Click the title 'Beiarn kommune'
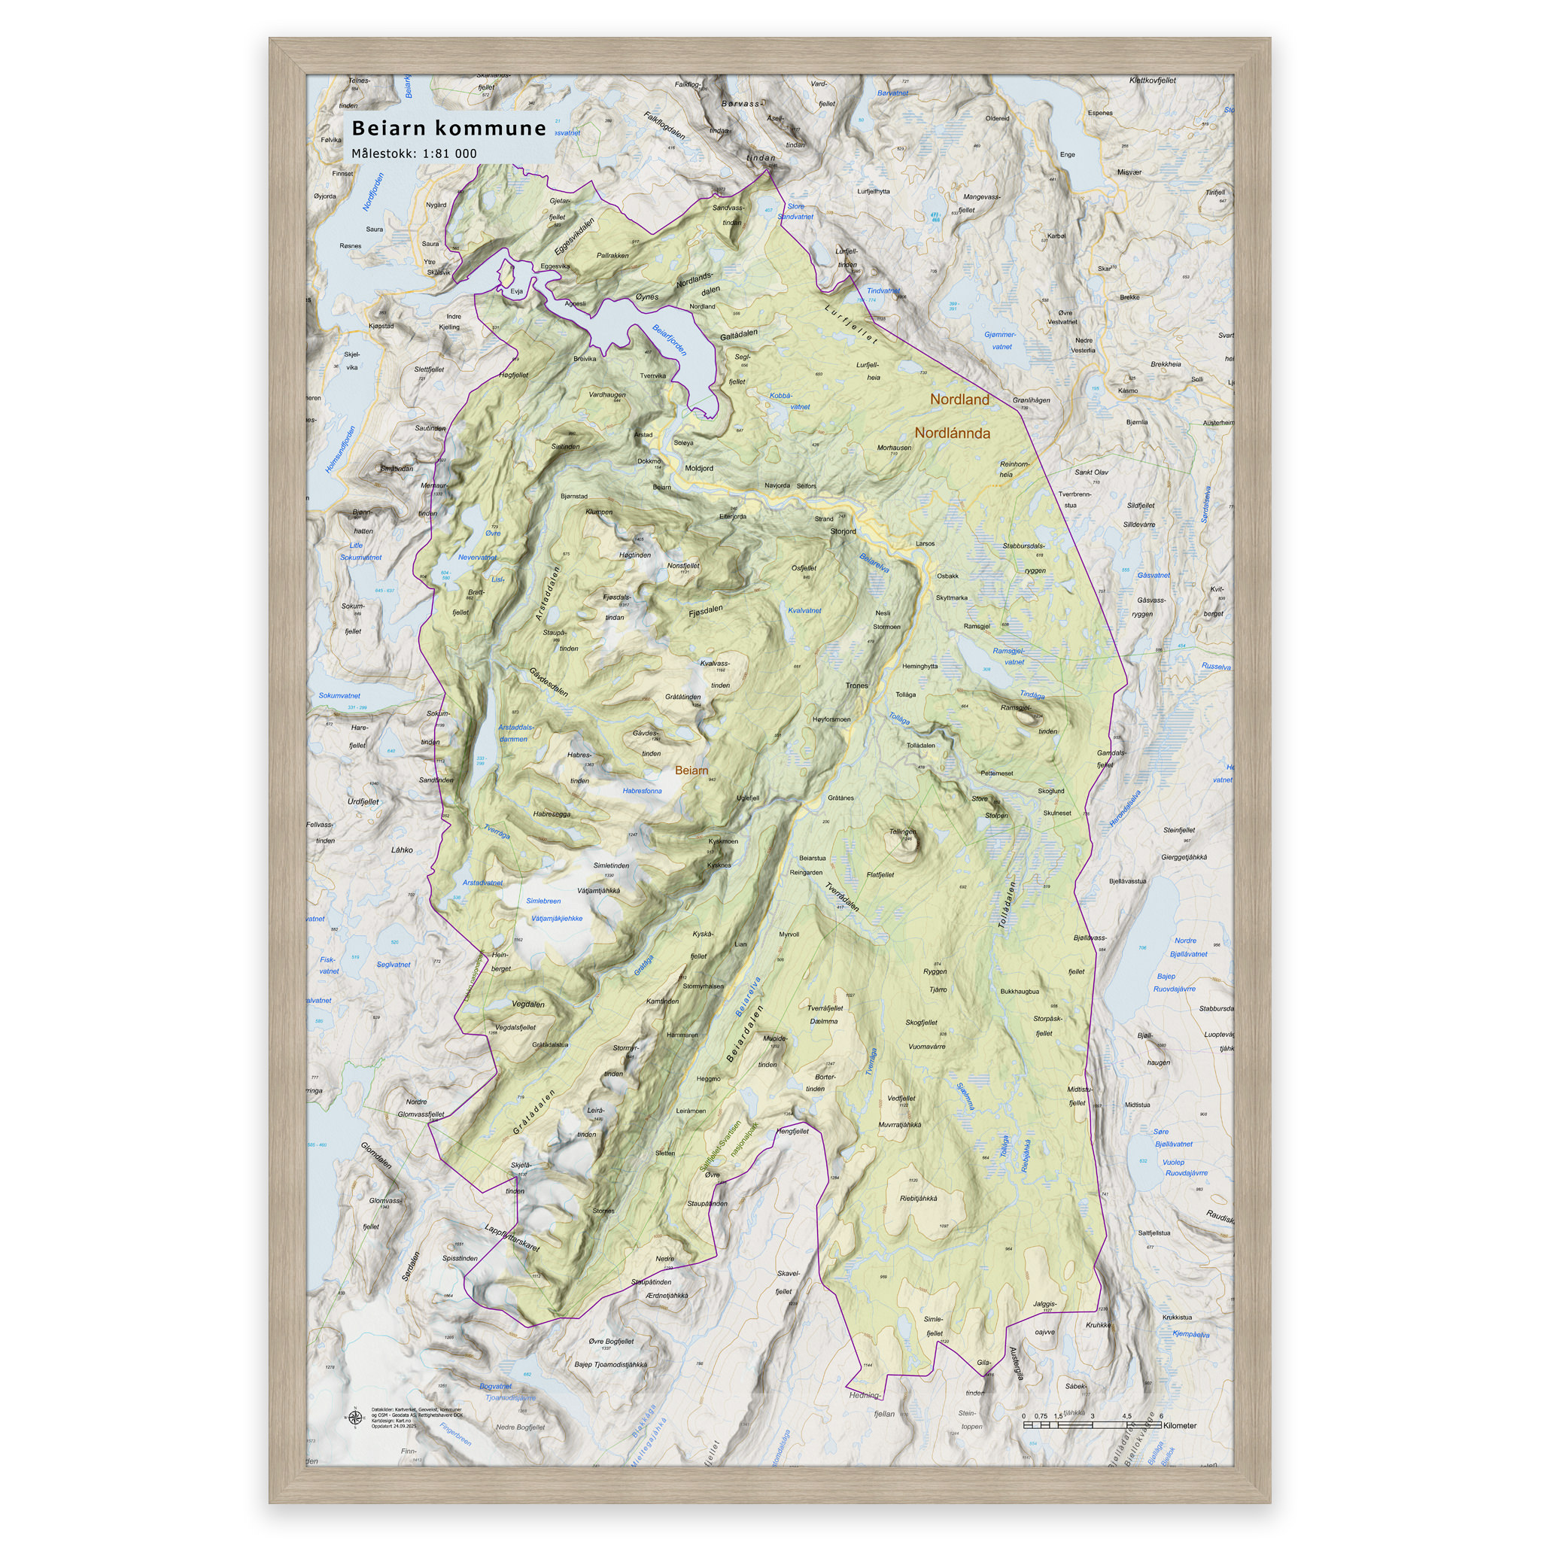pyautogui.click(x=449, y=129)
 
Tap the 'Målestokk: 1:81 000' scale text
pyautogui.click(x=414, y=153)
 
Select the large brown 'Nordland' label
pyautogui.click(x=959, y=400)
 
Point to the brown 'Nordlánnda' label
pyautogui.click(x=952, y=433)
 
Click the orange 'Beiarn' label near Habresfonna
pyautogui.click(x=691, y=770)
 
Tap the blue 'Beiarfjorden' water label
pyautogui.click(x=669, y=340)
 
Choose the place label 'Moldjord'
pyautogui.click(x=699, y=468)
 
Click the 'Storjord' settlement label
pyautogui.click(x=842, y=531)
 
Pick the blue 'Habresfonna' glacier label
pyautogui.click(x=642, y=792)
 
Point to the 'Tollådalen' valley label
pyautogui.click(x=1007, y=904)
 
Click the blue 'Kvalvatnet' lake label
pyautogui.click(x=804, y=611)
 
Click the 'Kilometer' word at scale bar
pyautogui.click(x=1180, y=1425)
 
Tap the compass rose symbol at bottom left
pyautogui.click(x=354, y=1418)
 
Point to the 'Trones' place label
pyautogui.click(x=856, y=685)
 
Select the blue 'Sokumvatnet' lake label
pyautogui.click(x=339, y=695)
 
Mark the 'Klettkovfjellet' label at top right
pyautogui.click(x=1153, y=81)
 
